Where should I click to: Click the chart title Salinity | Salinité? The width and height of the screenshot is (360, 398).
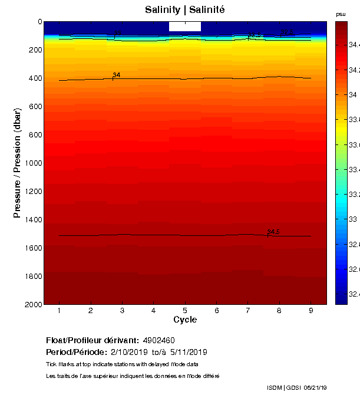pyautogui.click(x=184, y=10)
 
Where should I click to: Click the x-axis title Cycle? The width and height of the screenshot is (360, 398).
pyautogui.click(x=185, y=320)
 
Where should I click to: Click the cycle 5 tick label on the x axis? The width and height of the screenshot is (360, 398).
pyautogui.click(x=185, y=310)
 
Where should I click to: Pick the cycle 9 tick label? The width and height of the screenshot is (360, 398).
pyautogui.click(x=311, y=310)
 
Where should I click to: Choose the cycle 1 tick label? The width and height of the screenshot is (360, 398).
pyautogui.click(x=60, y=310)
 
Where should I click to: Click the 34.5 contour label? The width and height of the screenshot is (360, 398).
pyautogui.click(x=273, y=232)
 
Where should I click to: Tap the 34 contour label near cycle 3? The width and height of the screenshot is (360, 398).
pyautogui.click(x=117, y=75)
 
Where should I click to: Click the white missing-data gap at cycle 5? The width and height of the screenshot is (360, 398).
pyautogui.click(x=185, y=27)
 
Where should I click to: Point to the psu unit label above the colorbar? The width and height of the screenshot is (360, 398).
pyautogui.click(x=341, y=14)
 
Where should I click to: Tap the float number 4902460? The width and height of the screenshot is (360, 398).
pyautogui.click(x=158, y=341)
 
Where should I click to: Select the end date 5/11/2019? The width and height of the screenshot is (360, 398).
pyautogui.click(x=188, y=352)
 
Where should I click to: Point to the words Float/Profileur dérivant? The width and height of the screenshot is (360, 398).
pyautogui.click(x=92, y=341)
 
